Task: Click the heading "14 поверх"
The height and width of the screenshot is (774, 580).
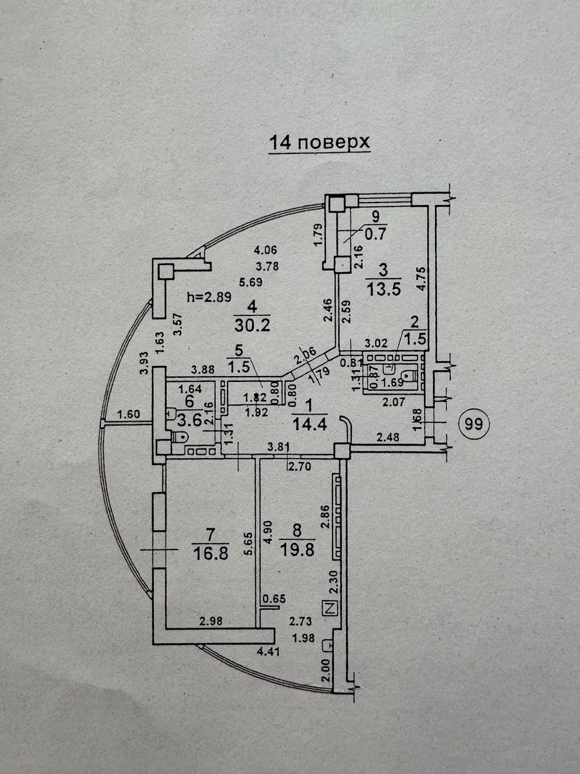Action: [x=320, y=143]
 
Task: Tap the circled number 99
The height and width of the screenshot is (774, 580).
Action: [x=474, y=424]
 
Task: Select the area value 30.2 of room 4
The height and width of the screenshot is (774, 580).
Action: [x=252, y=325]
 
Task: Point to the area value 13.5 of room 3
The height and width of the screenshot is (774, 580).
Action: [x=383, y=290]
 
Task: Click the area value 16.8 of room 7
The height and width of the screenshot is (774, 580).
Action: [x=211, y=553]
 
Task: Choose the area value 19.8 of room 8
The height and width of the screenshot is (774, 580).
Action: [x=297, y=550]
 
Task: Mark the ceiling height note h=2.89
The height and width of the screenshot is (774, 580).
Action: [x=209, y=297]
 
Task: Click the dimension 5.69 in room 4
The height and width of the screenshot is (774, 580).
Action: [x=251, y=282]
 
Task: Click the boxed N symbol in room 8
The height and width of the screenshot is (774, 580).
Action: [x=330, y=608]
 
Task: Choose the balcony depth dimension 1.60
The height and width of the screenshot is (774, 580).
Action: [x=129, y=413]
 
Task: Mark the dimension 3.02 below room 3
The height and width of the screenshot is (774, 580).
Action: [x=376, y=342]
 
